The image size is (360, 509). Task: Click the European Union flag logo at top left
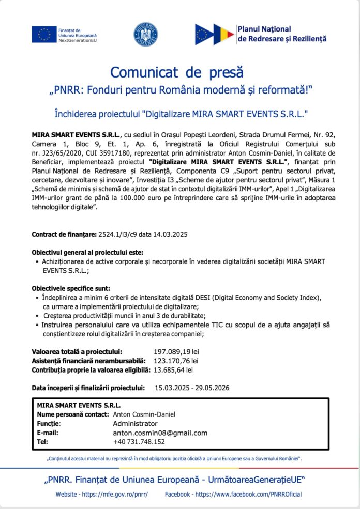[x=44, y=35]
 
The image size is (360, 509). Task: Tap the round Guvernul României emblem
[x=146, y=34]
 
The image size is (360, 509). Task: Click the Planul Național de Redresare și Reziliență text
[x=282, y=34]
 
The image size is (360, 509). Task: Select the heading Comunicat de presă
[x=176, y=72]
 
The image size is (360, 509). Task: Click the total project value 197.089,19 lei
[x=176, y=352]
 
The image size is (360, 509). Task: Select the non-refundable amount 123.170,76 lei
[x=176, y=361]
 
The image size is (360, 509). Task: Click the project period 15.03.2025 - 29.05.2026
[x=192, y=388]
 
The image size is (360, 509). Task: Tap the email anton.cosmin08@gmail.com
[x=160, y=433]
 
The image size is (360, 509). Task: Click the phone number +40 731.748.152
[x=139, y=442]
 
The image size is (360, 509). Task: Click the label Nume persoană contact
[x=72, y=414]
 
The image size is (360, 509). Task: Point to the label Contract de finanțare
[x=64, y=234]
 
